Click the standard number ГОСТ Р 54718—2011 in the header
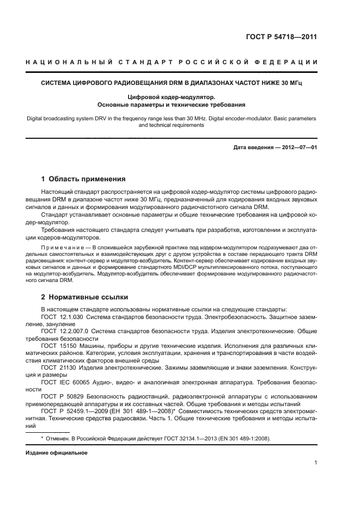281,38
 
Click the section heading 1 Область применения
83,179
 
